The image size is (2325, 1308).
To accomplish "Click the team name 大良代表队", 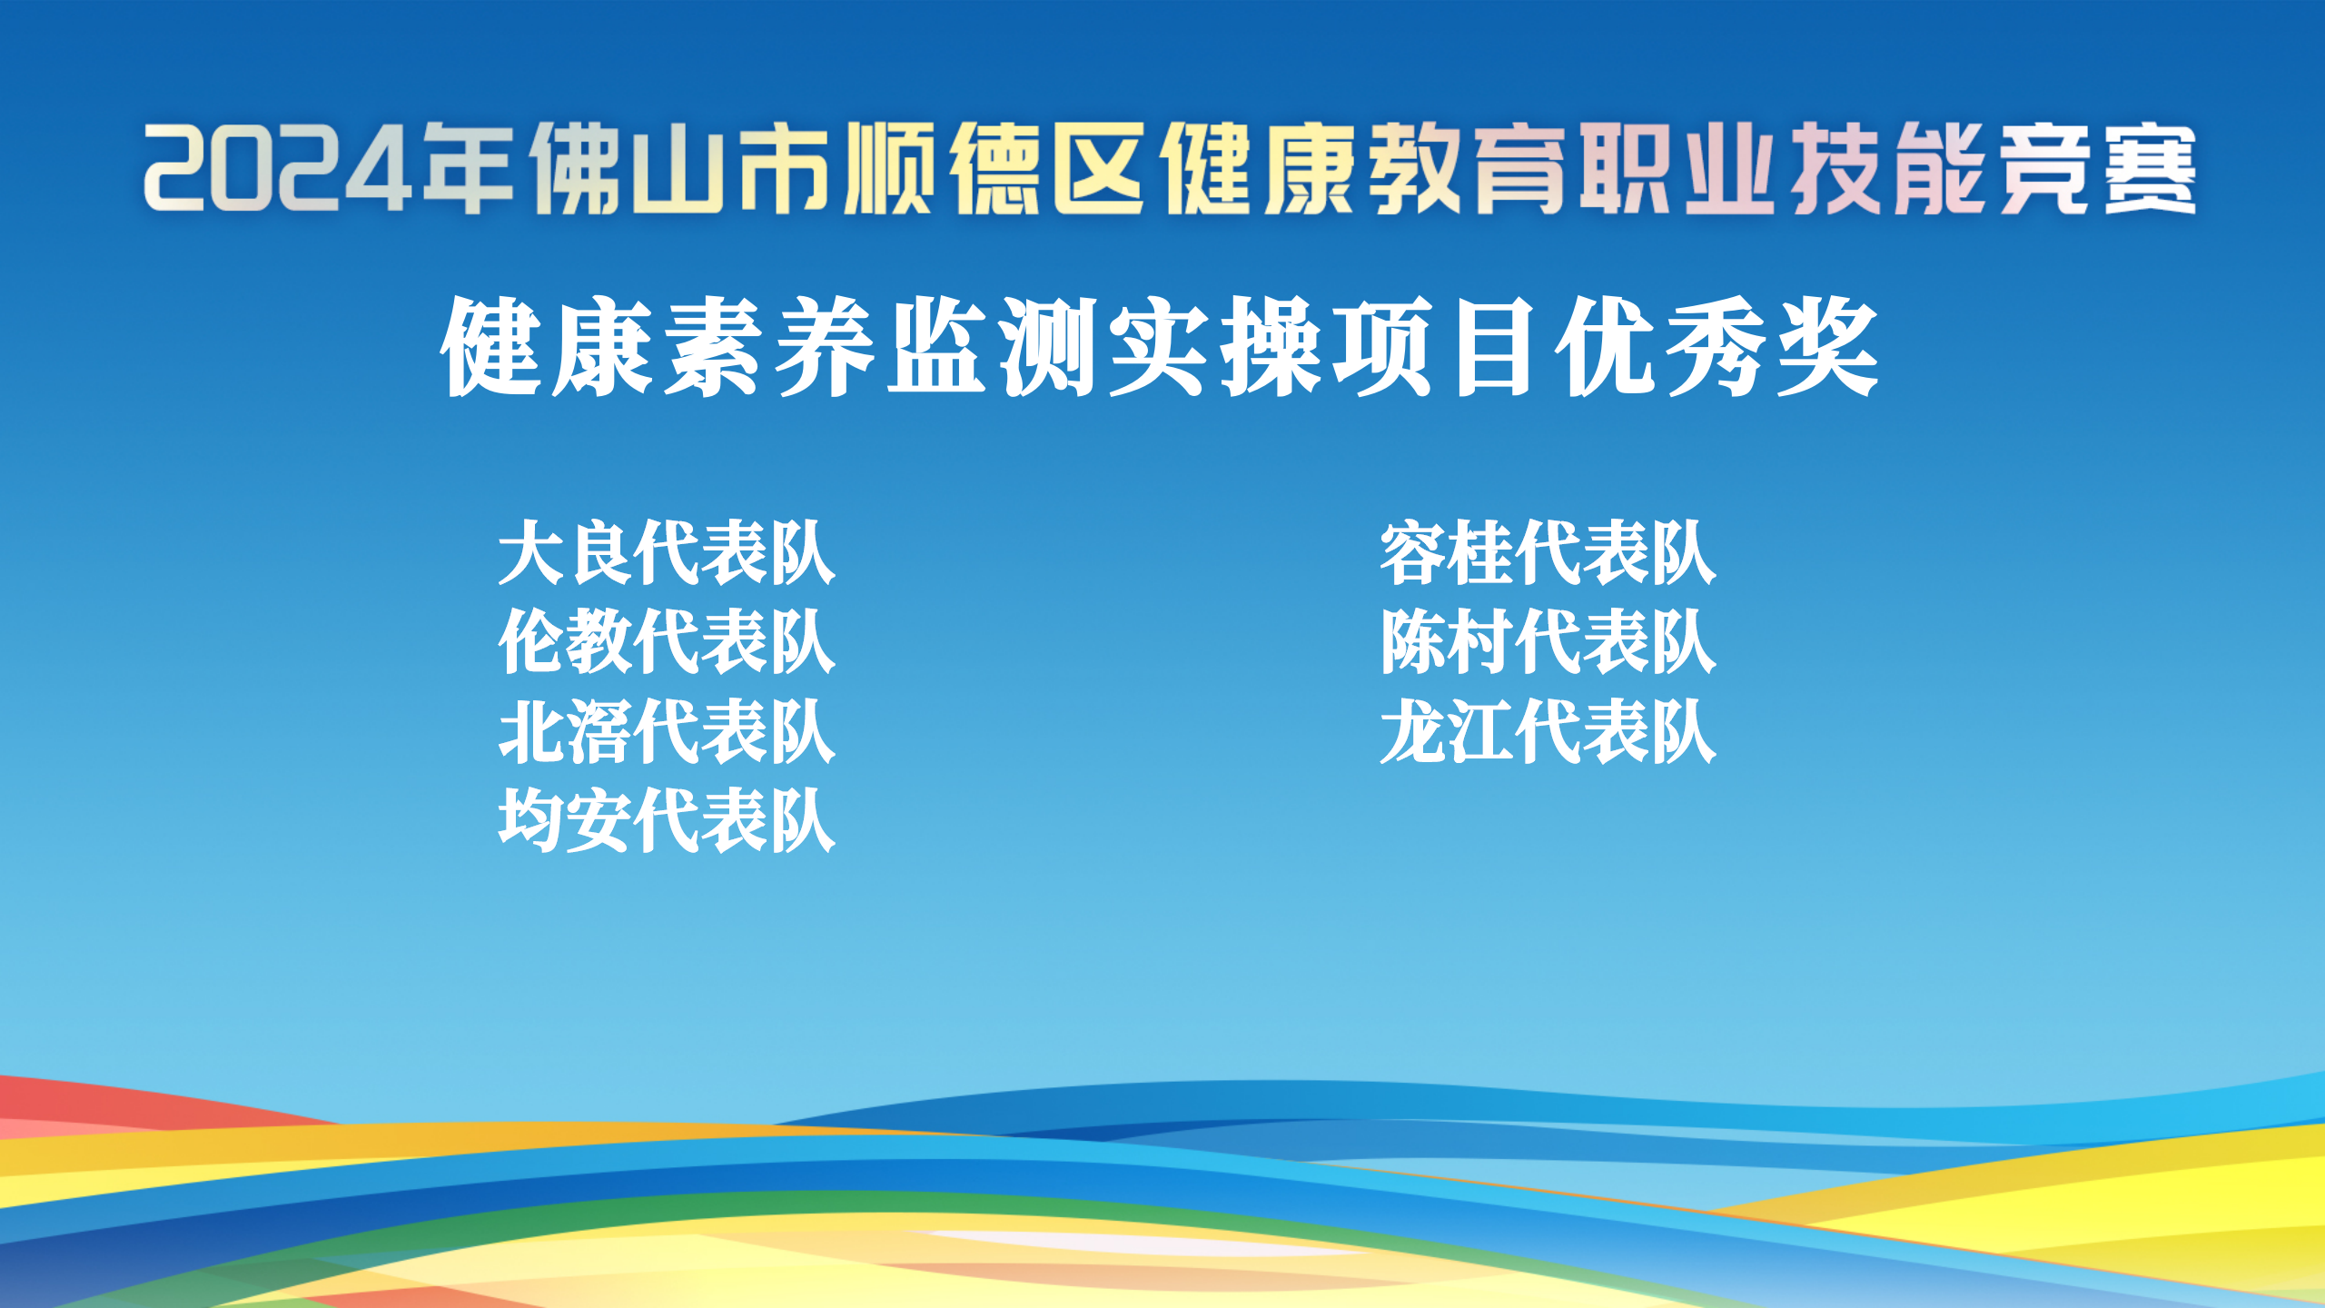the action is pyautogui.click(x=667, y=553).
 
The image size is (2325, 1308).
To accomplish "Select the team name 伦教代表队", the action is pyautogui.click(x=667, y=642).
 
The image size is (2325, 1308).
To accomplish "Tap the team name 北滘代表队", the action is pyautogui.click(x=667, y=731).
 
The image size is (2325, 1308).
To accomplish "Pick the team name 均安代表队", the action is pyautogui.click(x=667, y=820).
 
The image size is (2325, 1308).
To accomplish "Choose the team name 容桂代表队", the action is pyautogui.click(x=1548, y=553).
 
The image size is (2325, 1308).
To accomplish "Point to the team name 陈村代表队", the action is pyautogui.click(x=1548, y=642).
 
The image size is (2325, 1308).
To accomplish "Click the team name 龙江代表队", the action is pyautogui.click(x=1548, y=731).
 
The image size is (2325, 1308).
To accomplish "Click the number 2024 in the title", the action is pyautogui.click(x=277, y=169).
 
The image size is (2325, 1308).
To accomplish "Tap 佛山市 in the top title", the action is pyautogui.click(x=681, y=169).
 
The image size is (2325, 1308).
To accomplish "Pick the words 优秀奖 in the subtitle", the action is pyautogui.click(x=1717, y=347).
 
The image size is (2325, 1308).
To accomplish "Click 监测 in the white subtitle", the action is pyautogui.click(x=995, y=347).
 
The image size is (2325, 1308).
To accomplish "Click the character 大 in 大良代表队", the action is pyautogui.click(x=531, y=553).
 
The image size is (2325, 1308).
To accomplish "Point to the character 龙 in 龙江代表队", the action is pyautogui.click(x=1412, y=731).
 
